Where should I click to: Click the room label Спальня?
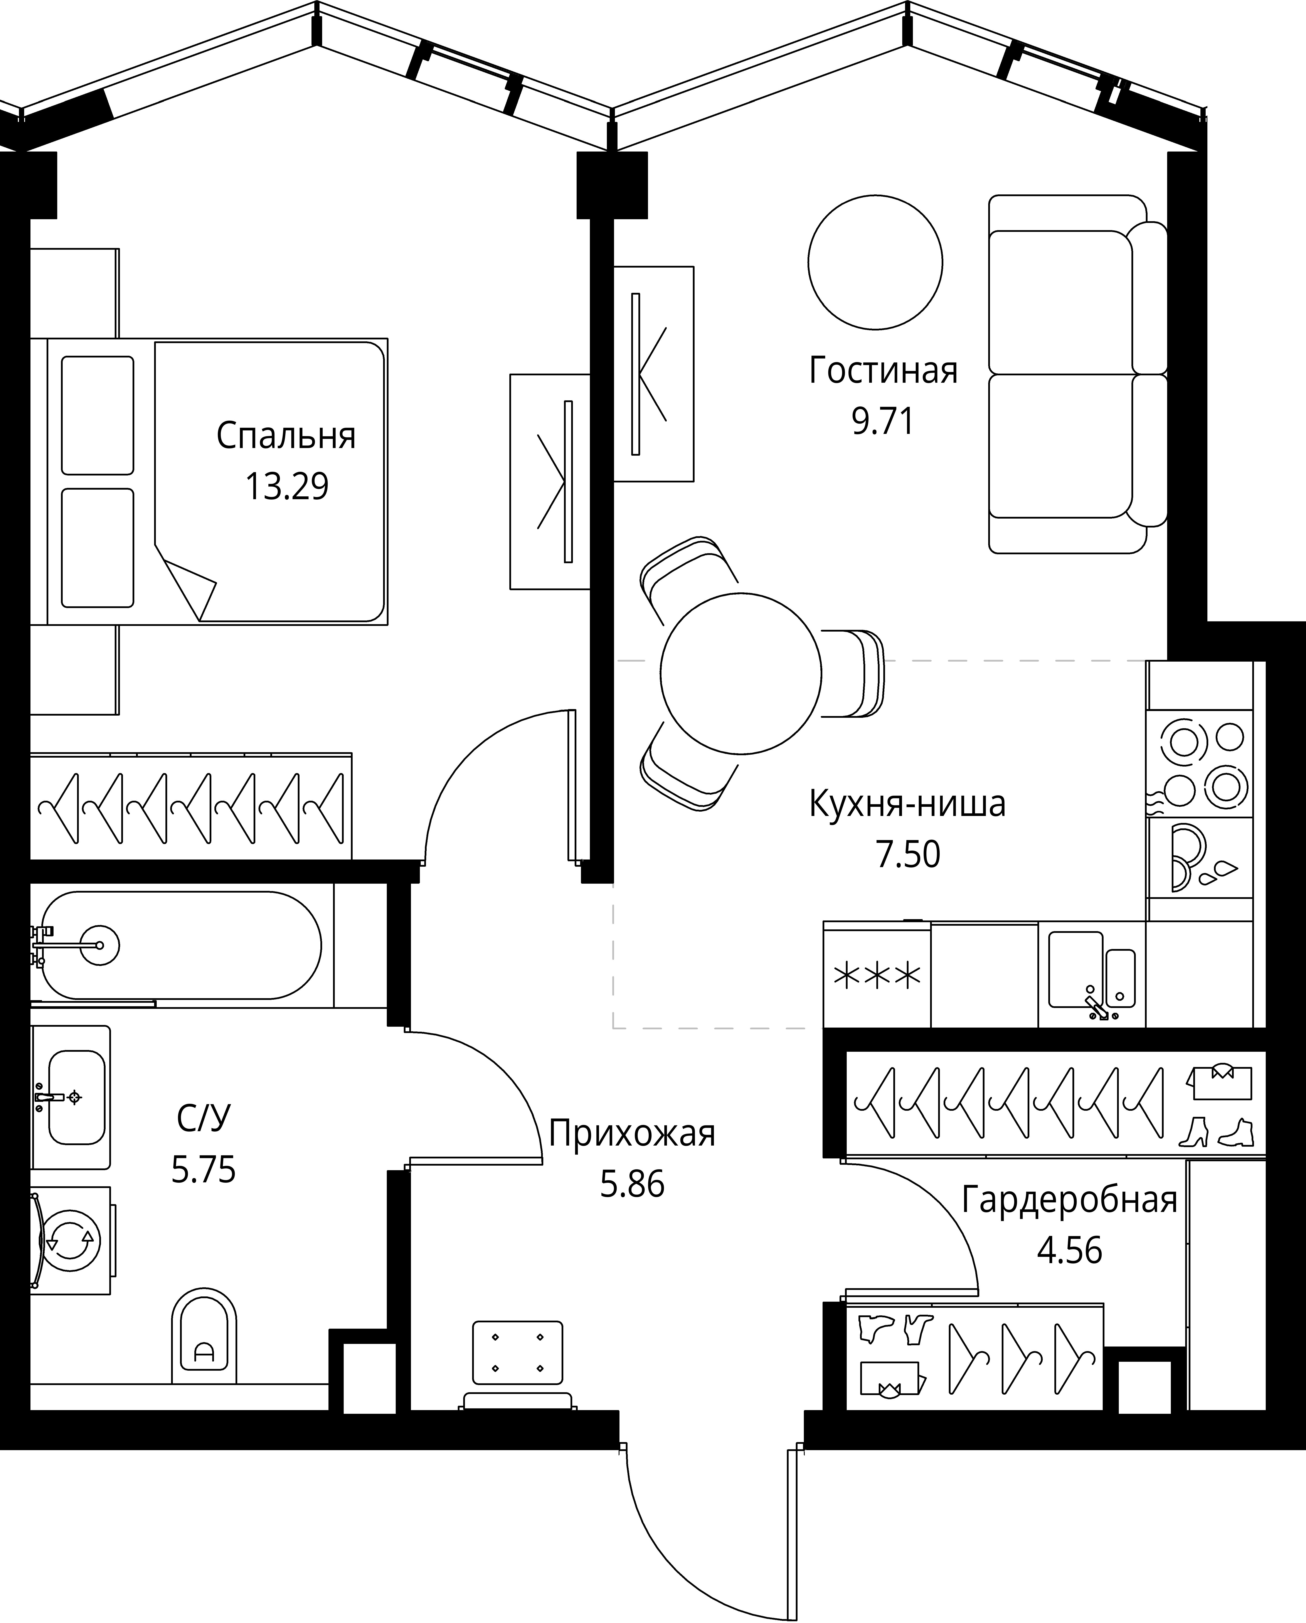click(x=286, y=437)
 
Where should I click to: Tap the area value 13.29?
click(x=287, y=487)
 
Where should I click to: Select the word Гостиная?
click(x=883, y=371)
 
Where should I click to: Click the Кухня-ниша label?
click(x=907, y=804)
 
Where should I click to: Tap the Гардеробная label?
click(x=1069, y=1200)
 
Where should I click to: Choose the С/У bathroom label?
click(x=203, y=1119)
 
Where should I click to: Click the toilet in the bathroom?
click(x=204, y=1337)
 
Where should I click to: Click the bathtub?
click(x=181, y=945)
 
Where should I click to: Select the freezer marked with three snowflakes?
click(x=877, y=976)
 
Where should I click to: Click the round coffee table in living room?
click(x=875, y=262)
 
